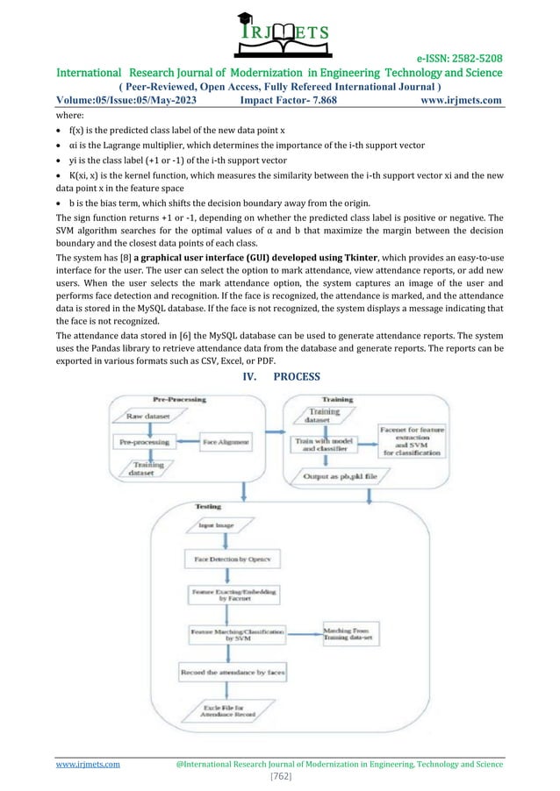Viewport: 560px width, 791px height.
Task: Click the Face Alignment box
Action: [x=226, y=443]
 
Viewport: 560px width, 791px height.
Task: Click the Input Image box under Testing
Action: [x=213, y=525]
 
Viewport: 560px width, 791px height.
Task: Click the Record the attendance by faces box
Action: [x=233, y=672]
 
